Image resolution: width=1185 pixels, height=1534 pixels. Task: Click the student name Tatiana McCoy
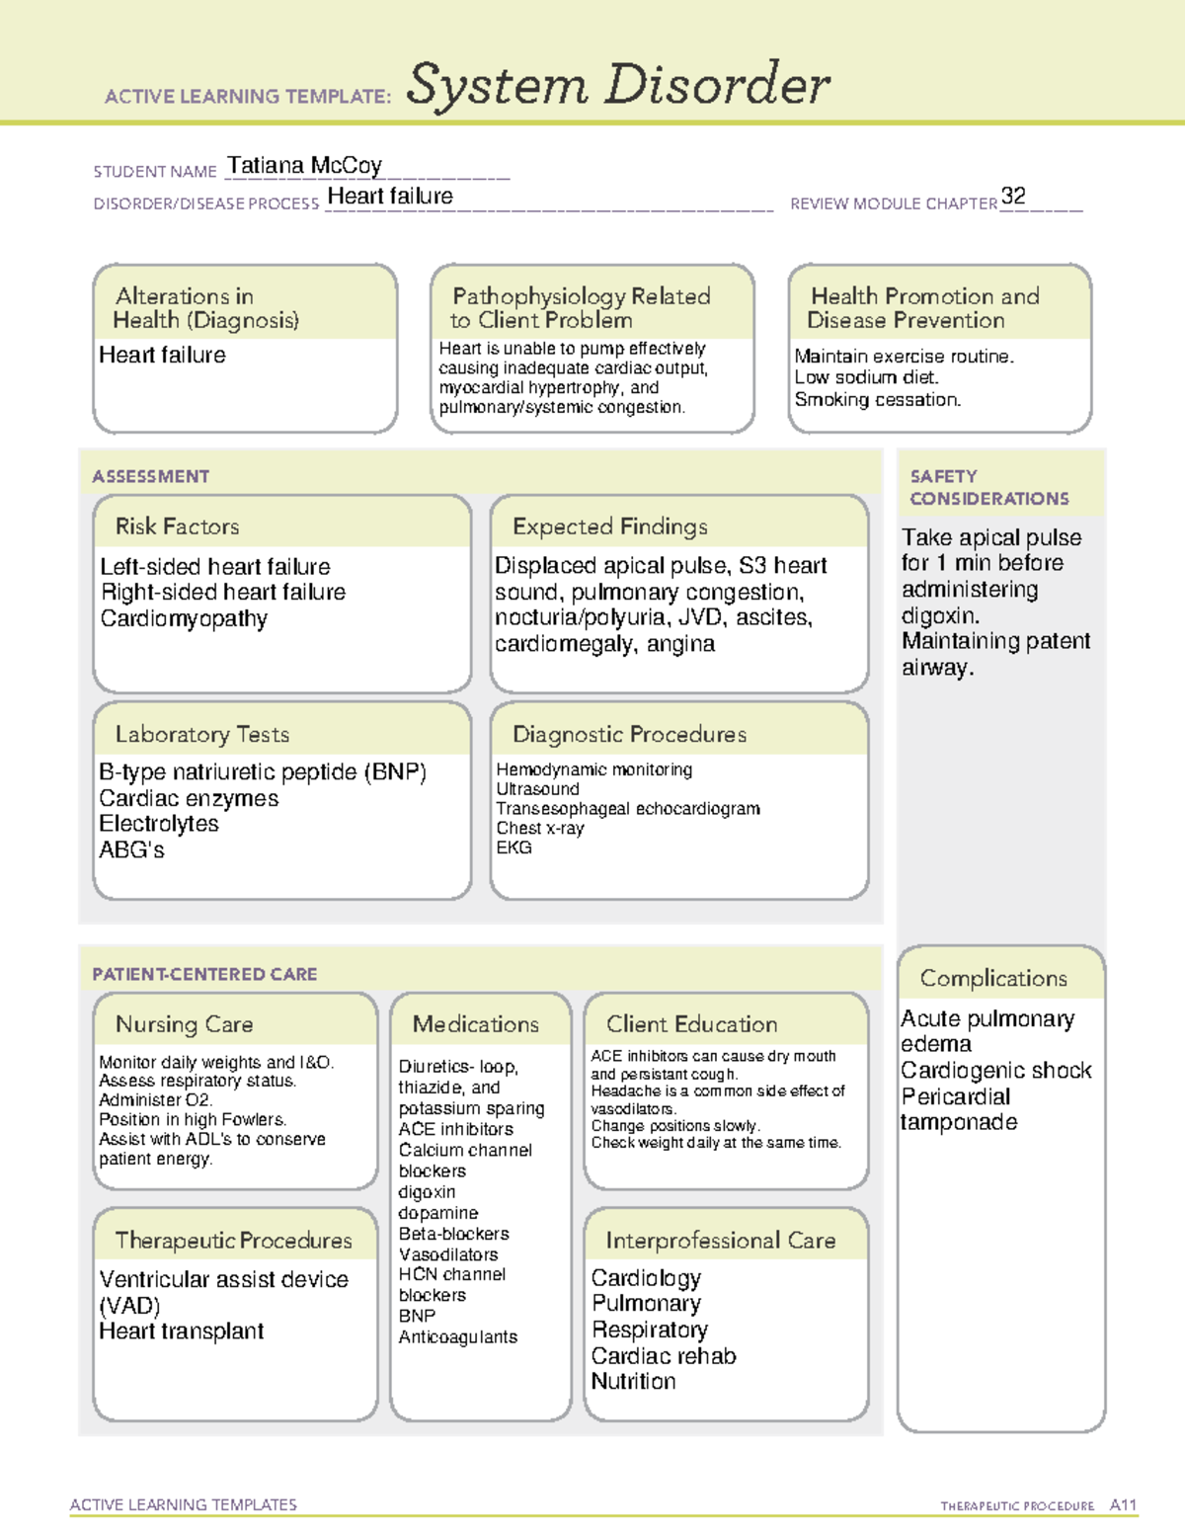pos(304,166)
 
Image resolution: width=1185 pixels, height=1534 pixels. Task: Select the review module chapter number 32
pos(1013,196)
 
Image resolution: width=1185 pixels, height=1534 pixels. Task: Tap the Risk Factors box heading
pos(177,526)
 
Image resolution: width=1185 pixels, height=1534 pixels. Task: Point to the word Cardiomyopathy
pos(184,619)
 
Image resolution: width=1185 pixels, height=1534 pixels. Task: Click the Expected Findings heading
pos(609,526)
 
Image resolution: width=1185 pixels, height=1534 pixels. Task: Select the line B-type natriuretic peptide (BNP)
pos(263,772)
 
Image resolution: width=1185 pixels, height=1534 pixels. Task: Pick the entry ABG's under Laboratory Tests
pos(131,850)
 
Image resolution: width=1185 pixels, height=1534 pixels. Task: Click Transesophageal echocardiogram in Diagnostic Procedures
pos(628,809)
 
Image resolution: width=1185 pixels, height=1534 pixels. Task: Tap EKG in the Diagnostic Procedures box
pos(513,848)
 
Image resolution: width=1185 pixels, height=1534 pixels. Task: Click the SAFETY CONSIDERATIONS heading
pos(988,488)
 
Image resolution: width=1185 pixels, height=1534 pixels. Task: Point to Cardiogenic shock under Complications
pos(995,1071)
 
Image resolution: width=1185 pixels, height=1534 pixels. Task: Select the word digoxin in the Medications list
pos(427,1192)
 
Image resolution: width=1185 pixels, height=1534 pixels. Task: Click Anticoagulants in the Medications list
pos(457,1337)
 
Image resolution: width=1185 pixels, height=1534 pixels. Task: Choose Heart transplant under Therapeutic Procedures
pos(182,1332)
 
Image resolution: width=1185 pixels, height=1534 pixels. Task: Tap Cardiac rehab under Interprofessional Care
pos(664,1356)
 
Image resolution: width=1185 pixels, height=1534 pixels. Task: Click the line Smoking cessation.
pos(877,400)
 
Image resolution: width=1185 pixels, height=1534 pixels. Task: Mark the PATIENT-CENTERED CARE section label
pos(204,974)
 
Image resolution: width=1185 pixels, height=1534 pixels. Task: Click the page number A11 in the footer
pos(1123,1505)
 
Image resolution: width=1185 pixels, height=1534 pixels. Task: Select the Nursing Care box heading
pos(184,1024)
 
